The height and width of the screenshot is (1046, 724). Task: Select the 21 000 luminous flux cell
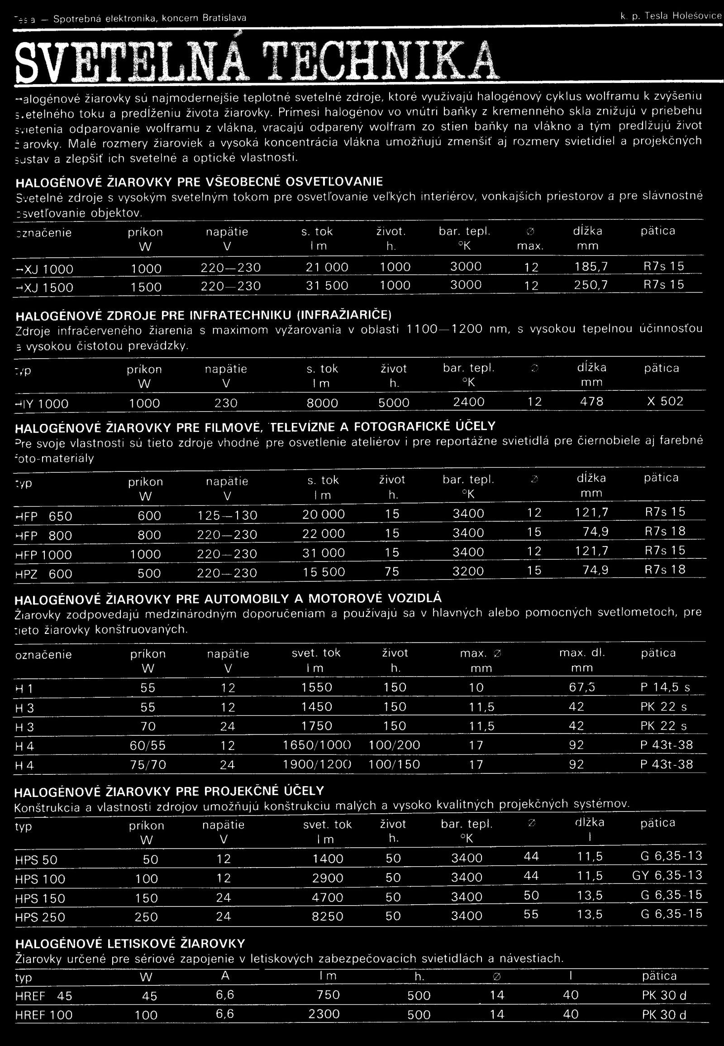point(326,268)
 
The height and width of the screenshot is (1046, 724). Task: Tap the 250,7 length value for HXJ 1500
point(589,286)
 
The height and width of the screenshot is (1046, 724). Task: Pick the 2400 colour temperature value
point(469,402)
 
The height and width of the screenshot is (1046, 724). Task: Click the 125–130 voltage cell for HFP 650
point(227,515)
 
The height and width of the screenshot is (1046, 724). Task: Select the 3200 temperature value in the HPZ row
point(468,571)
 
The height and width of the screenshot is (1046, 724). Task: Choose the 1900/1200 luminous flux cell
point(317,765)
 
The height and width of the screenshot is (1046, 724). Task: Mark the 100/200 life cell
point(394,745)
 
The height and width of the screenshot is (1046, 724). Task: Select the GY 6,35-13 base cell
point(667,875)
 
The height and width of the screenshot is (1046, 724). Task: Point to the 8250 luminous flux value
point(328,916)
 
